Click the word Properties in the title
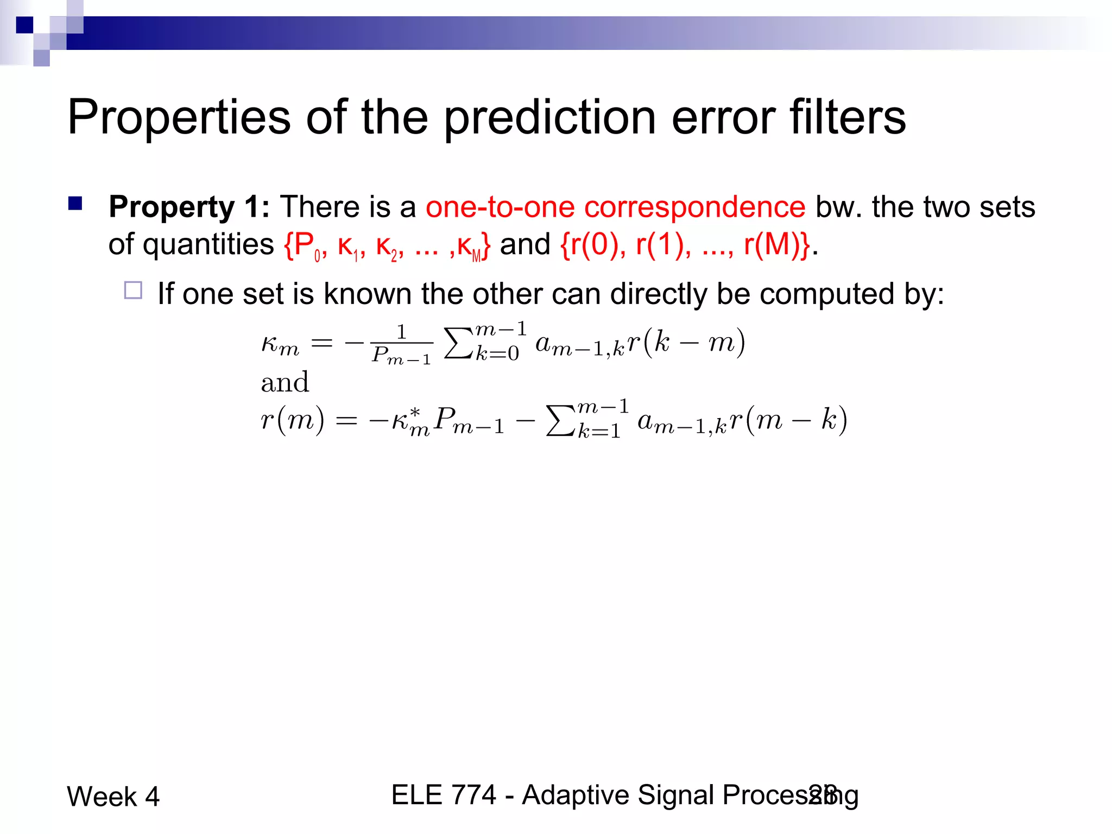click(179, 118)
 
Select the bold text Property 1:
click(189, 207)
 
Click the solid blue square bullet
click(75, 204)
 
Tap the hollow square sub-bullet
click(133, 290)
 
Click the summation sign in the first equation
click(457, 343)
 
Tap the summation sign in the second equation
click(559, 421)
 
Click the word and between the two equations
click(285, 382)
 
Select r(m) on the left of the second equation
click(293, 420)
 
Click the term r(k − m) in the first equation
click(686, 342)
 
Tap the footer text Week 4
click(113, 797)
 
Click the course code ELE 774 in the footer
click(444, 795)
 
